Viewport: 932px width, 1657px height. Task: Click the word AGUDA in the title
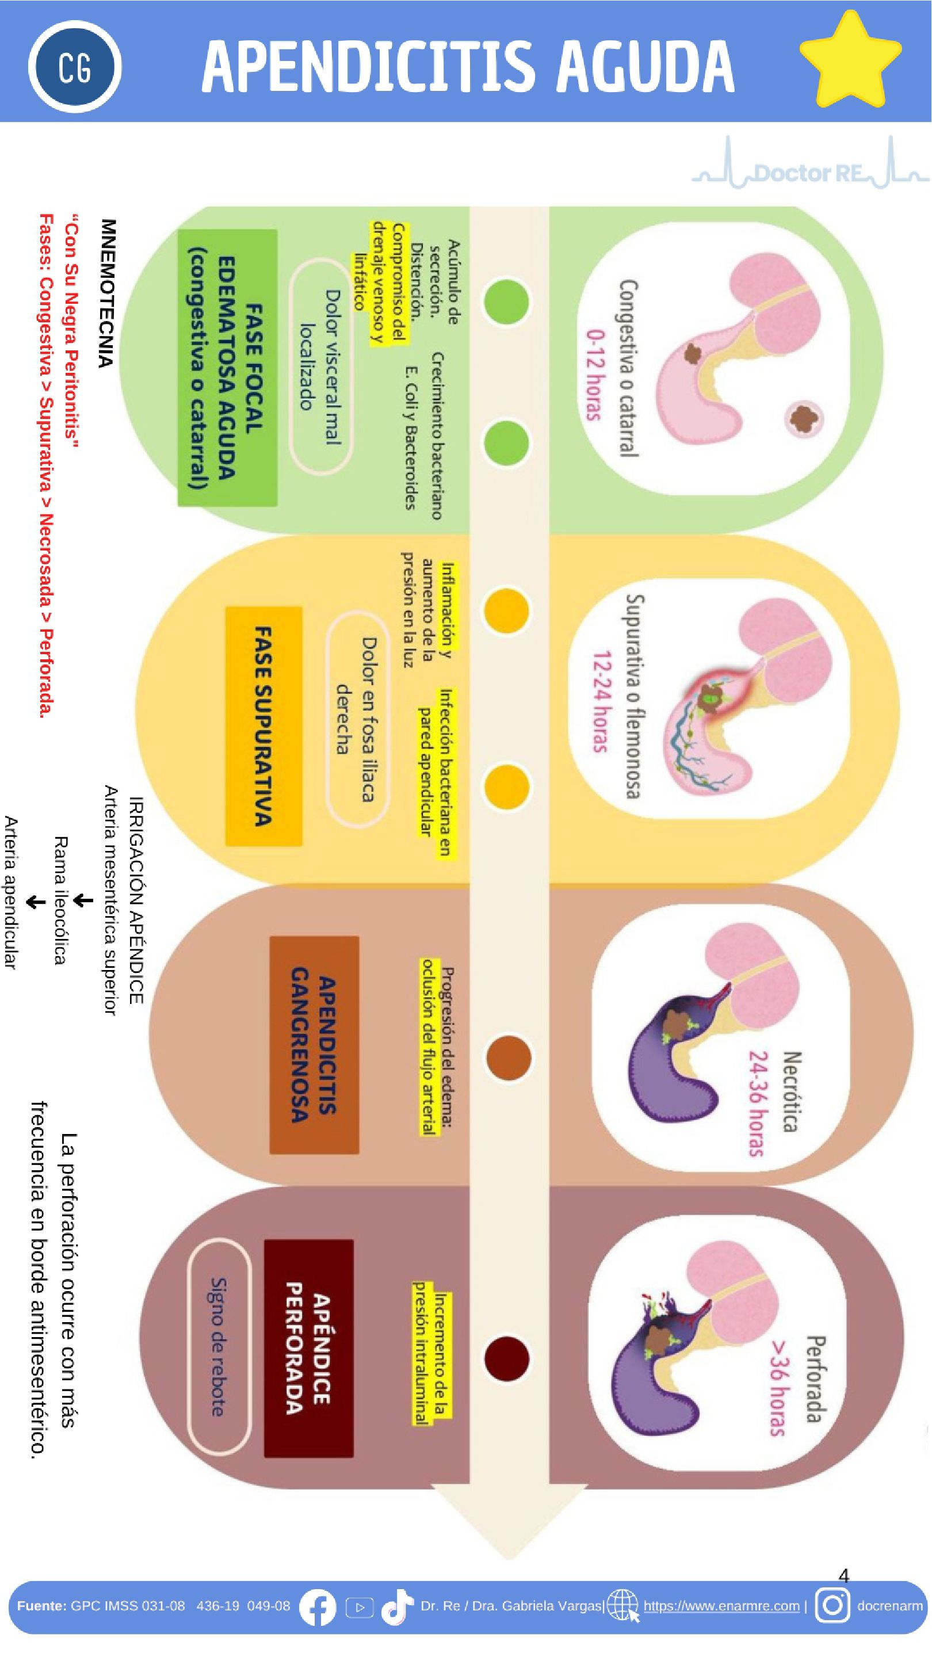click(644, 66)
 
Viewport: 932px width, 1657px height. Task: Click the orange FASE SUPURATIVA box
click(263, 726)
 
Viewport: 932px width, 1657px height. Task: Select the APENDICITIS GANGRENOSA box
click(314, 1045)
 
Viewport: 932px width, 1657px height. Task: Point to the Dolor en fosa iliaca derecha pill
click(357, 719)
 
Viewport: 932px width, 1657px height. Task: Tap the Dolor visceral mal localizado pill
click(320, 366)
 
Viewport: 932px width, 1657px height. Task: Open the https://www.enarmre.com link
click(721, 1606)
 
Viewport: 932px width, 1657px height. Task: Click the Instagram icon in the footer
click(832, 1606)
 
